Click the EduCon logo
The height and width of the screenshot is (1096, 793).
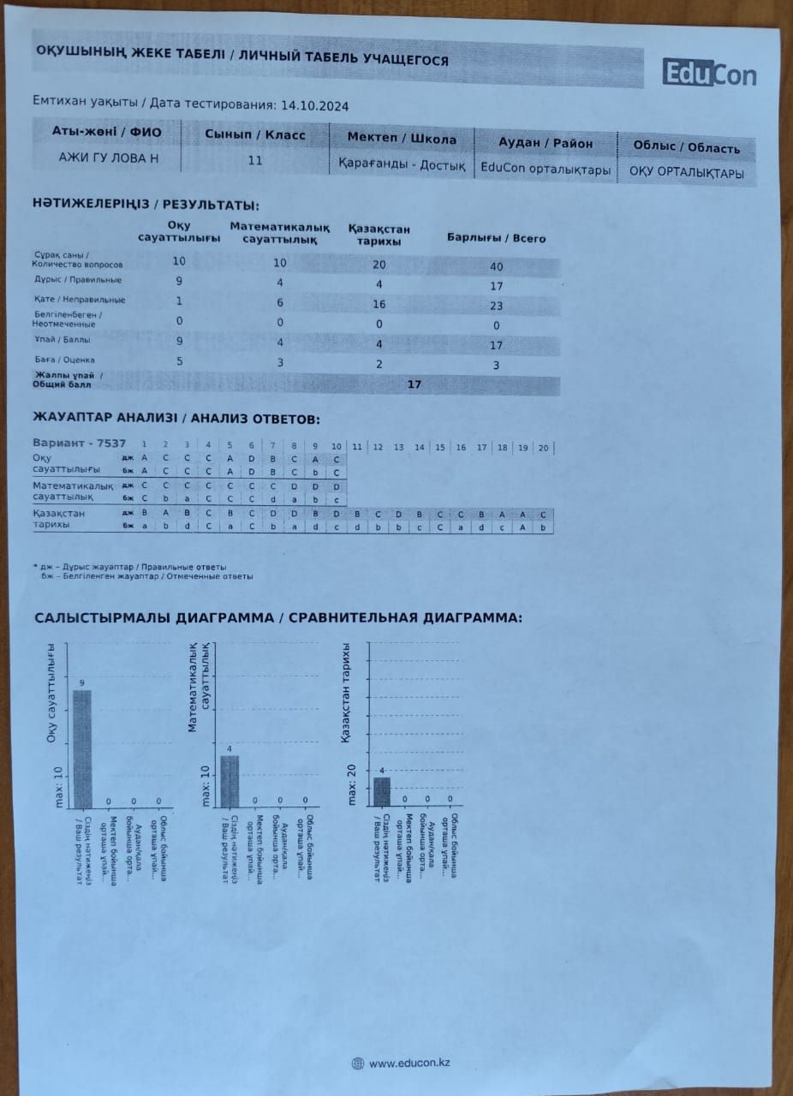pos(709,74)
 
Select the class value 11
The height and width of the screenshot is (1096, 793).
pos(255,160)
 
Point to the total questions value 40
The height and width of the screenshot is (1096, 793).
pos(497,266)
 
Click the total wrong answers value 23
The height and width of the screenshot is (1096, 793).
pos(497,306)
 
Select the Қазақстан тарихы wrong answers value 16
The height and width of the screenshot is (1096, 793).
pos(379,304)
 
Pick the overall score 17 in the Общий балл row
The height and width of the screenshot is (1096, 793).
pos(414,384)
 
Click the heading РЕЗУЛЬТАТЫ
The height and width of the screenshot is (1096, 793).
pos(209,205)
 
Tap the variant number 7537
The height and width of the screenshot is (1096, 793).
pos(111,444)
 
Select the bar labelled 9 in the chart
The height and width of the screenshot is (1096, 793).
pos(82,748)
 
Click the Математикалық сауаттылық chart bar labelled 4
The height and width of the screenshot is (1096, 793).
pos(230,780)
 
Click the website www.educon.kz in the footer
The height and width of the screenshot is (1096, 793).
pos(409,1063)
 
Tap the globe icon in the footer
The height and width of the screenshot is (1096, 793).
pos(358,1063)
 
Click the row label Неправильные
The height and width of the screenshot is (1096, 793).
pos(89,300)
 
